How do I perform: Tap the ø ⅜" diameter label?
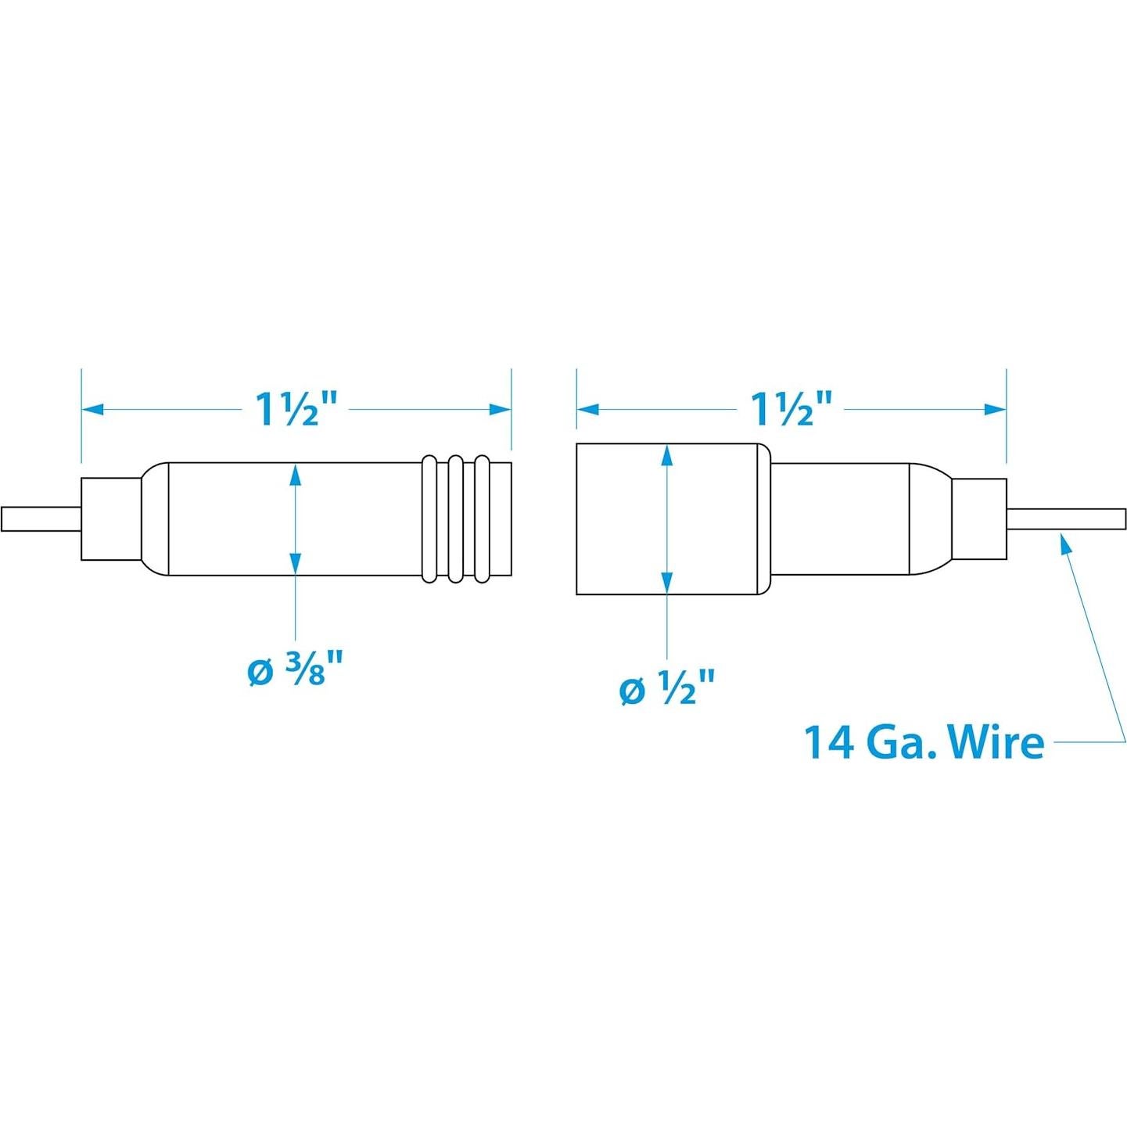(x=296, y=671)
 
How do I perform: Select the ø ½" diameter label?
(x=667, y=689)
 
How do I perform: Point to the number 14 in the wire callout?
(x=829, y=741)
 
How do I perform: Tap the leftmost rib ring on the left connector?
(x=429, y=519)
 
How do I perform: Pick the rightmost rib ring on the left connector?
(x=483, y=519)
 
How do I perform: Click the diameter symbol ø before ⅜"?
(x=260, y=673)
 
